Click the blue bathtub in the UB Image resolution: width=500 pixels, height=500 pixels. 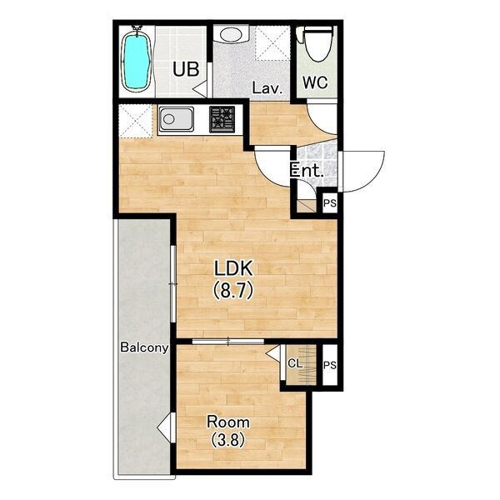(x=137, y=61)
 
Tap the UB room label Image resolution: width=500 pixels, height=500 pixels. (x=186, y=69)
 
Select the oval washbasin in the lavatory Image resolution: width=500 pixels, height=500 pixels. (x=231, y=34)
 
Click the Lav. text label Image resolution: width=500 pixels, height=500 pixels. (x=267, y=88)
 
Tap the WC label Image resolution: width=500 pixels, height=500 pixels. (x=315, y=82)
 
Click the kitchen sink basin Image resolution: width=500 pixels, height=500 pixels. (x=177, y=119)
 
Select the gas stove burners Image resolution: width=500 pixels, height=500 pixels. (x=222, y=119)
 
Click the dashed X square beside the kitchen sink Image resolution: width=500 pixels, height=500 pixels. (x=136, y=121)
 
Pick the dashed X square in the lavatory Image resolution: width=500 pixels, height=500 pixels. (x=272, y=43)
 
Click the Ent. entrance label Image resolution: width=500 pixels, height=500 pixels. (x=307, y=171)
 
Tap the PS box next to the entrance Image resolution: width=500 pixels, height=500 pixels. (x=330, y=202)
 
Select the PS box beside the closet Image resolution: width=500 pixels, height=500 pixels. (x=330, y=365)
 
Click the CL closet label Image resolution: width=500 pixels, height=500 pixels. (x=295, y=362)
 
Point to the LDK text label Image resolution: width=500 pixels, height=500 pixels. (x=233, y=268)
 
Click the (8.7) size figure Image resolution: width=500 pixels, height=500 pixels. (x=233, y=290)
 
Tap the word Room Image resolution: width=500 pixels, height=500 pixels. (x=228, y=422)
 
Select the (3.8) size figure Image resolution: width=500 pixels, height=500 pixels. (x=227, y=440)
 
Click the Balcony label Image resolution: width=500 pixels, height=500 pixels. (x=144, y=347)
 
